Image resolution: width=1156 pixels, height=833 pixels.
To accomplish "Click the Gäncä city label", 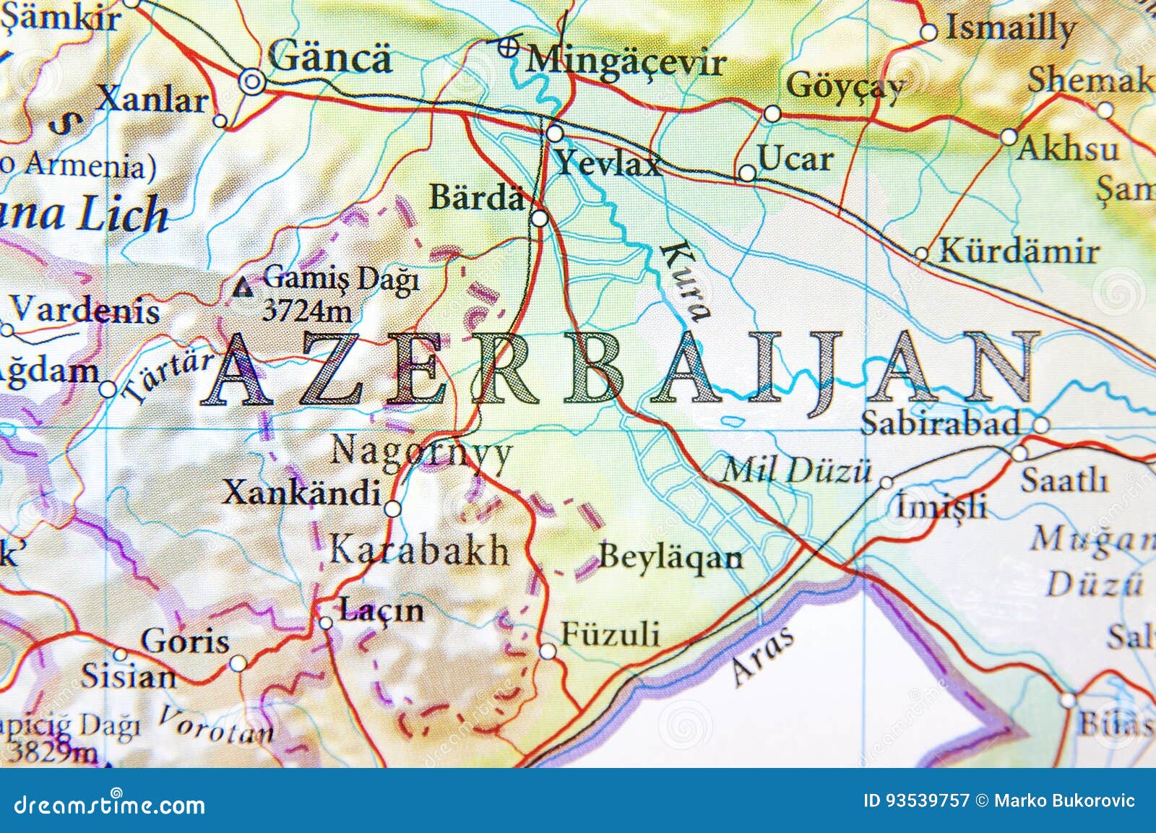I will click(329, 56).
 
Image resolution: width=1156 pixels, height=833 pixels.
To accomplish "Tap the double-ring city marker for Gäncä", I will click(251, 82).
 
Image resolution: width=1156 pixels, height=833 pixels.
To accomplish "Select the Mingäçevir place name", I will click(625, 61).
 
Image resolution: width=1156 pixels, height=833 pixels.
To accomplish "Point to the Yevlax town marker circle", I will click(555, 134).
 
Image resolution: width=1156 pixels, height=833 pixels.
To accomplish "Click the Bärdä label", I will click(477, 197).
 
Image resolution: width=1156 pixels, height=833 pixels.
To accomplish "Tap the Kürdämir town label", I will click(1019, 251).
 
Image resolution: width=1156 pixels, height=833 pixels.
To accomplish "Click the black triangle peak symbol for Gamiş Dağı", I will click(245, 289).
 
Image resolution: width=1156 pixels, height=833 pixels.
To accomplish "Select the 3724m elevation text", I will click(307, 311).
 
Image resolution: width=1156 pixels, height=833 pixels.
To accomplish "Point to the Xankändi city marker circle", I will click(392, 509).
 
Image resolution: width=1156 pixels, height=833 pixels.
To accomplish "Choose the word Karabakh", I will click(419, 551).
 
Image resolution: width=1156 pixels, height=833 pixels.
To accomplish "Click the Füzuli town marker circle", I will click(548, 652).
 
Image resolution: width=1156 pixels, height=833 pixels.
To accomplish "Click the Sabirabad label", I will click(940, 423).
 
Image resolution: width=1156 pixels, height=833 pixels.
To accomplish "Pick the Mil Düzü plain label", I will click(796, 471).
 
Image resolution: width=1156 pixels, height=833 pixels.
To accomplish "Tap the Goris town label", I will click(185, 640).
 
